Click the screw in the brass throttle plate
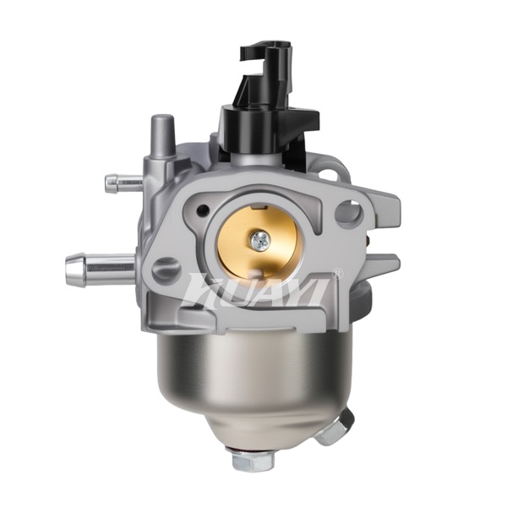(x=260, y=240)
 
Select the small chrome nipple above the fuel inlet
(x=124, y=183)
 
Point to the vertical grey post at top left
(x=162, y=135)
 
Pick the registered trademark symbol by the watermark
(x=337, y=273)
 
